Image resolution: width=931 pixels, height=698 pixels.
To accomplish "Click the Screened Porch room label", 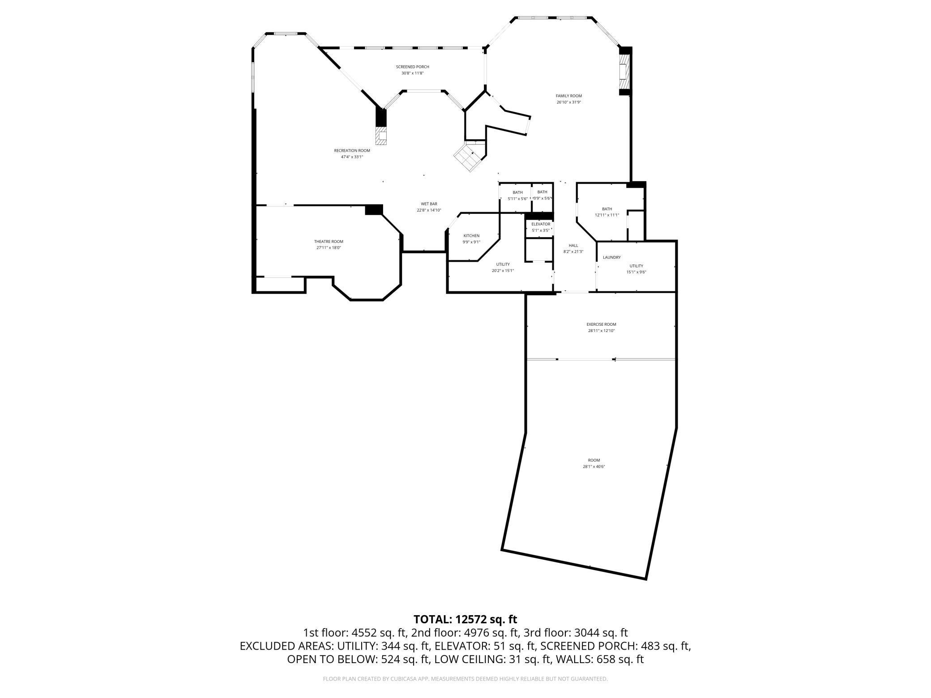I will coord(412,67).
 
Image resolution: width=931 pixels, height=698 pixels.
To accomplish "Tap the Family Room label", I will coord(568,96).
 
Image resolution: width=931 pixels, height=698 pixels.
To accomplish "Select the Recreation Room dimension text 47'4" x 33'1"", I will coord(352,157).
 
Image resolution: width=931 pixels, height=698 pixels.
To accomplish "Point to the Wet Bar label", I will coord(429,204).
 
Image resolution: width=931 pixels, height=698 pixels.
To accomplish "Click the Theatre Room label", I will coord(329,242).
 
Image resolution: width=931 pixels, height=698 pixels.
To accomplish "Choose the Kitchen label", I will coord(471,236).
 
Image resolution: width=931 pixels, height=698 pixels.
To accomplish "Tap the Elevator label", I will coord(540,224).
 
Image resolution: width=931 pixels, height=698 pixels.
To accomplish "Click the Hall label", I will coord(573,246).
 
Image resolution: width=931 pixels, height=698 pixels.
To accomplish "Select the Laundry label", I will coord(611,257).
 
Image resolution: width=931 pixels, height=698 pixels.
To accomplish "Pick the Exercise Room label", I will coord(601,324).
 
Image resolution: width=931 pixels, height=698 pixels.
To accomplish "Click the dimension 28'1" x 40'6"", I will coord(594,467).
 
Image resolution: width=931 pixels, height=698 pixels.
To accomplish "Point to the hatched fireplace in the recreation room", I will coord(381,136).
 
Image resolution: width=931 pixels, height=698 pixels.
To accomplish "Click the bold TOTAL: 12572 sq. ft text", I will coord(465,619).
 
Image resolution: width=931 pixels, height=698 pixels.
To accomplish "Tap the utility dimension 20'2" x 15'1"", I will coord(503,271).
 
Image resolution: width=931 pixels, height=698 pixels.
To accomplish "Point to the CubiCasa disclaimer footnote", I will coord(465,679).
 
